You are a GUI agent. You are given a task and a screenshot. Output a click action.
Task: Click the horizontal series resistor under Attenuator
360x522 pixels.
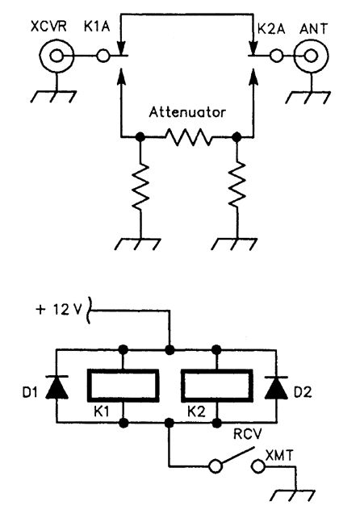[188, 139]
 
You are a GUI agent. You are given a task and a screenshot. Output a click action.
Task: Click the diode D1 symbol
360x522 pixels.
[56, 386]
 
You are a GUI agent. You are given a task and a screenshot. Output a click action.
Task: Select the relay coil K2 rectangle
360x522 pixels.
[216, 386]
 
